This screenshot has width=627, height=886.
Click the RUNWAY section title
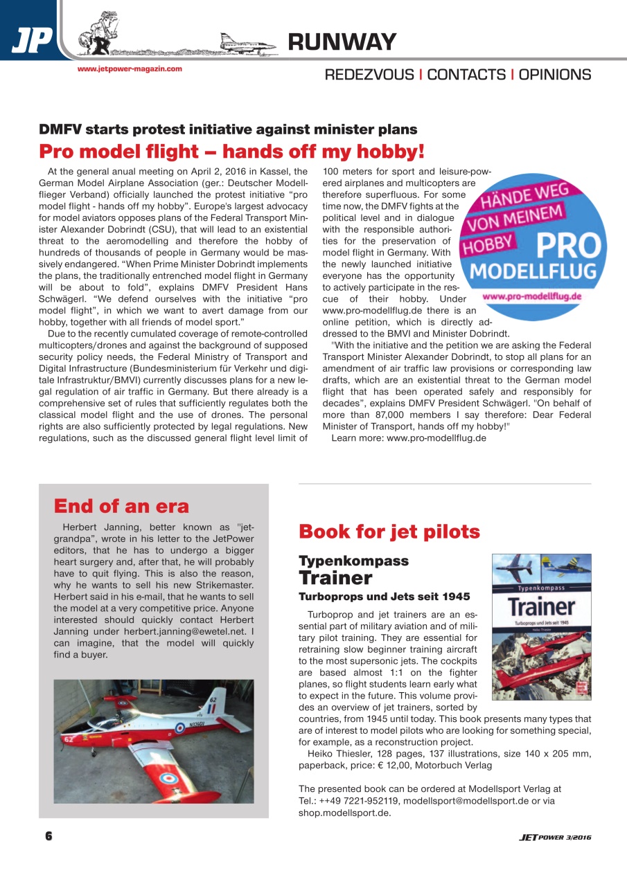342,42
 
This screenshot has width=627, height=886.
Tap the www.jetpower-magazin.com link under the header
130,69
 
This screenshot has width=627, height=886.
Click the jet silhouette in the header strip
248,42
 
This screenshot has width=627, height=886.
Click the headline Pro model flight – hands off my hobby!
231,151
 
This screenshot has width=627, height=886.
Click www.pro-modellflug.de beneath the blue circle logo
531,296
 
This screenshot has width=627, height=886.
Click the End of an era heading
121,506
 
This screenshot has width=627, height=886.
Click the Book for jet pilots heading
389,532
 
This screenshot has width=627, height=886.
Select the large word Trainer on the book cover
540,607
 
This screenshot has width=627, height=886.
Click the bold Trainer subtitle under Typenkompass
335,577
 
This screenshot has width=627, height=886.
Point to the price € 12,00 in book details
393,766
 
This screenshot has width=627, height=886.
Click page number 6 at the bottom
48,837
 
